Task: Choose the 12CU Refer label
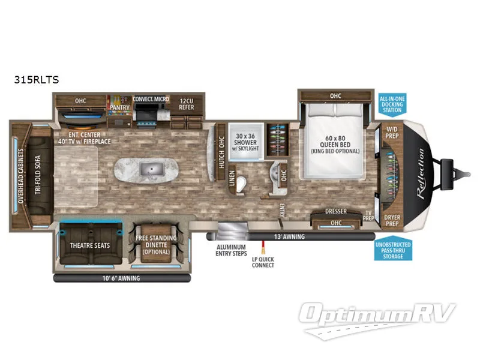point(186,104)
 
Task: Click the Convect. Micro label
point(150,99)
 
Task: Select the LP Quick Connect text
point(263,262)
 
